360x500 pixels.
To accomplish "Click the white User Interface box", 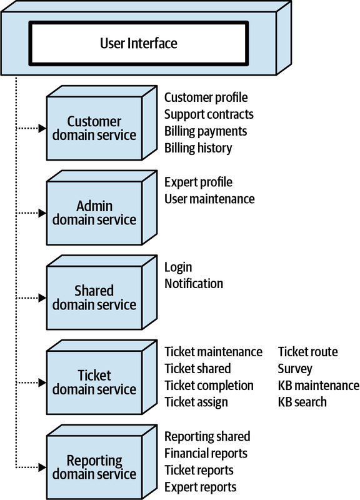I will tap(139, 43).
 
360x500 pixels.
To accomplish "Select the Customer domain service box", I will tap(94, 128).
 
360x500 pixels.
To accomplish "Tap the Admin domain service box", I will tap(94, 213).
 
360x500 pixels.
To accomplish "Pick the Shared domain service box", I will tap(94, 298).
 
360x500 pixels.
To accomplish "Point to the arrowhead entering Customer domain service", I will tap(42, 128).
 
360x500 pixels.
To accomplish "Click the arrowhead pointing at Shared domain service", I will tap(42, 298).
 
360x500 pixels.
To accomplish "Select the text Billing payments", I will tap(206, 131).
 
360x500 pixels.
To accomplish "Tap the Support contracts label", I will tap(209, 114).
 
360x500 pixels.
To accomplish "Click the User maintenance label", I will tap(209, 199).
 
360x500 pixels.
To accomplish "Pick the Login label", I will tap(178, 267).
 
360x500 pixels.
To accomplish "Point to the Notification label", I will tap(194, 284).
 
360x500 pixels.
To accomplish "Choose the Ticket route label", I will tap(307, 352).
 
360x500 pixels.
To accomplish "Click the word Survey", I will tap(295, 369).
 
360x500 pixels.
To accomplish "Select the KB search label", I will tap(302, 402).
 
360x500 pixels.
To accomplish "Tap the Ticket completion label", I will tap(209, 386).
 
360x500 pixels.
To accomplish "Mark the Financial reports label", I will tap(206, 453).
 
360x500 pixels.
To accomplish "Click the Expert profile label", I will tap(198, 182).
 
